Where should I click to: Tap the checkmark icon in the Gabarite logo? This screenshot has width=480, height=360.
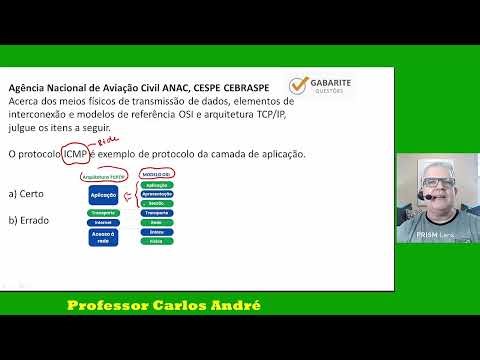click(299, 88)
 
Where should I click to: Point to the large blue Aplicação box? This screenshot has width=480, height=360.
click(104, 196)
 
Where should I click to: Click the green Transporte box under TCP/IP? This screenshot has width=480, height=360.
click(104, 213)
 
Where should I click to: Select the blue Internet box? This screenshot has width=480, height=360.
click(104, 223)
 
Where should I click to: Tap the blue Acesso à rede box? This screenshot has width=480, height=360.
click(104, 237)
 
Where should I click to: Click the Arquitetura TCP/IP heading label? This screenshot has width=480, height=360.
click(103, 176)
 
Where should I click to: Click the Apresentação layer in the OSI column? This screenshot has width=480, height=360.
click(157, 194)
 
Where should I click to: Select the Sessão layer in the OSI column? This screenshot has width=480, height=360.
click(157, 203)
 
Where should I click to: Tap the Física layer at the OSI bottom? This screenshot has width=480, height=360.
click(157, 241)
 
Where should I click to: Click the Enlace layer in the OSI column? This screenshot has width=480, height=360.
click(157, 231)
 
